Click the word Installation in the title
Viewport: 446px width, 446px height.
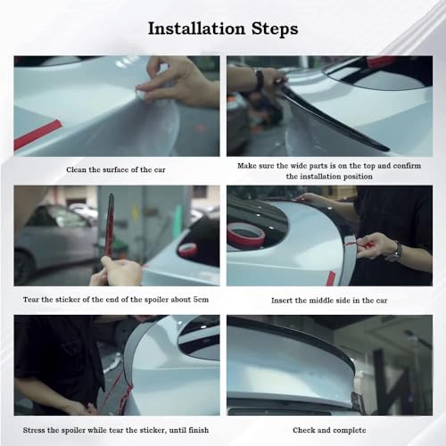coord(196,29)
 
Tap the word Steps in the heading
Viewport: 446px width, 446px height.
coord(275,29)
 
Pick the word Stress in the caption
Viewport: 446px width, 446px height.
coord(33,430)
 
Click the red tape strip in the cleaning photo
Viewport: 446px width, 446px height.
coord(37,135)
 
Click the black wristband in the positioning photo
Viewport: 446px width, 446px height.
coord(260,78)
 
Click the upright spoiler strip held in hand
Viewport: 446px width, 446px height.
coord(109,226)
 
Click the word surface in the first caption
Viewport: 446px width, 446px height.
coord(115,169)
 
